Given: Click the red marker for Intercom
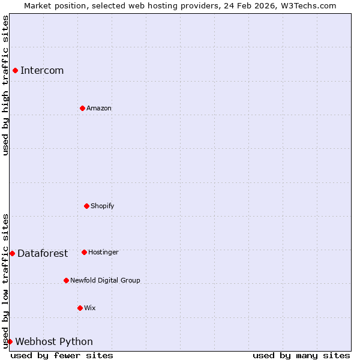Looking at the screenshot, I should point(15,70).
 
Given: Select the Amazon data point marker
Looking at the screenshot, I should point(82,108).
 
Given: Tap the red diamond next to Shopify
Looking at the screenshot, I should point(86,206).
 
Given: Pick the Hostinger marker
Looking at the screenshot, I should point(84,252).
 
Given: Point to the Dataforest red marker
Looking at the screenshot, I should point(12,253).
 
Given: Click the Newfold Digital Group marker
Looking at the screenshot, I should point(66,280).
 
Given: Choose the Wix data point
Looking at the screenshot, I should point(80,308).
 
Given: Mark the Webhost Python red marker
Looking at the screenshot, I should point(10,341).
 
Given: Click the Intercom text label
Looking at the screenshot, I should point(42,71).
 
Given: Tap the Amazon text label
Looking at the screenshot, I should point(99,109).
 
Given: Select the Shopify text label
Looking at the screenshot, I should point(103,206).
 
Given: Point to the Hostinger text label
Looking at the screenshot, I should point(103,253).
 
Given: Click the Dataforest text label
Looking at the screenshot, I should point(43,254).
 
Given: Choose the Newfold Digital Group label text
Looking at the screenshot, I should point(105,281).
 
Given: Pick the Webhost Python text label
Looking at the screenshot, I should point(54,342).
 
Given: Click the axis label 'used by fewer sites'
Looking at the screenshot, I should point(62,355).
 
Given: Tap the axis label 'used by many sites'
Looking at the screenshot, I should point(301,355).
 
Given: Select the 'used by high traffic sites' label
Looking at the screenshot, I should point(5,85).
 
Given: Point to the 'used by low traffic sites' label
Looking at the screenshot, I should point(5,281).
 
